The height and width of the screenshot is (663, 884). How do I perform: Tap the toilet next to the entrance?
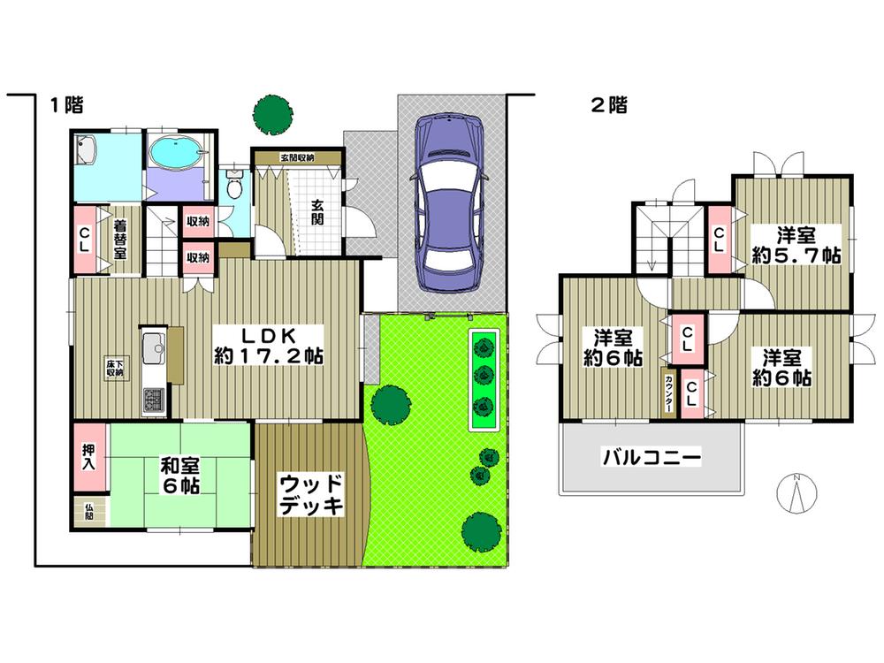[233, 186]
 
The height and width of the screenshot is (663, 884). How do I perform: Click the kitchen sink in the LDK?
[152, 346]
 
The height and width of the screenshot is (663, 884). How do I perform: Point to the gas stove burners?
[151, 400]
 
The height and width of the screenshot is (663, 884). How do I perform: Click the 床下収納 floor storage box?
[115, 368]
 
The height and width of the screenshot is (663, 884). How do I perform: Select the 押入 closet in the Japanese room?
[90, 457]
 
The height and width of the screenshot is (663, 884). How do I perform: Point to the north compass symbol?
[796, 494]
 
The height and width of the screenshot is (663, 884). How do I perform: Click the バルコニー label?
[652, 458]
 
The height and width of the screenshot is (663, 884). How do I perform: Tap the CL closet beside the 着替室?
[85, 239]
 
